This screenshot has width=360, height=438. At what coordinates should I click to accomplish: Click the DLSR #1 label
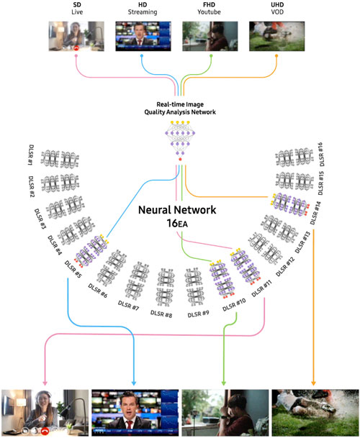point(32,158)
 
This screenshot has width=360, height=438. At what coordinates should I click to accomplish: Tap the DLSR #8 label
point(164,313)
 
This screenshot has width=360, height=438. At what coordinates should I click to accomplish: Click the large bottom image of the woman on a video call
point(44,413)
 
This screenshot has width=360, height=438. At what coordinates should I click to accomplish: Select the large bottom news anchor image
point(135,413)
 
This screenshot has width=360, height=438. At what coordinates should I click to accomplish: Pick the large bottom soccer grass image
point(315,413)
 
